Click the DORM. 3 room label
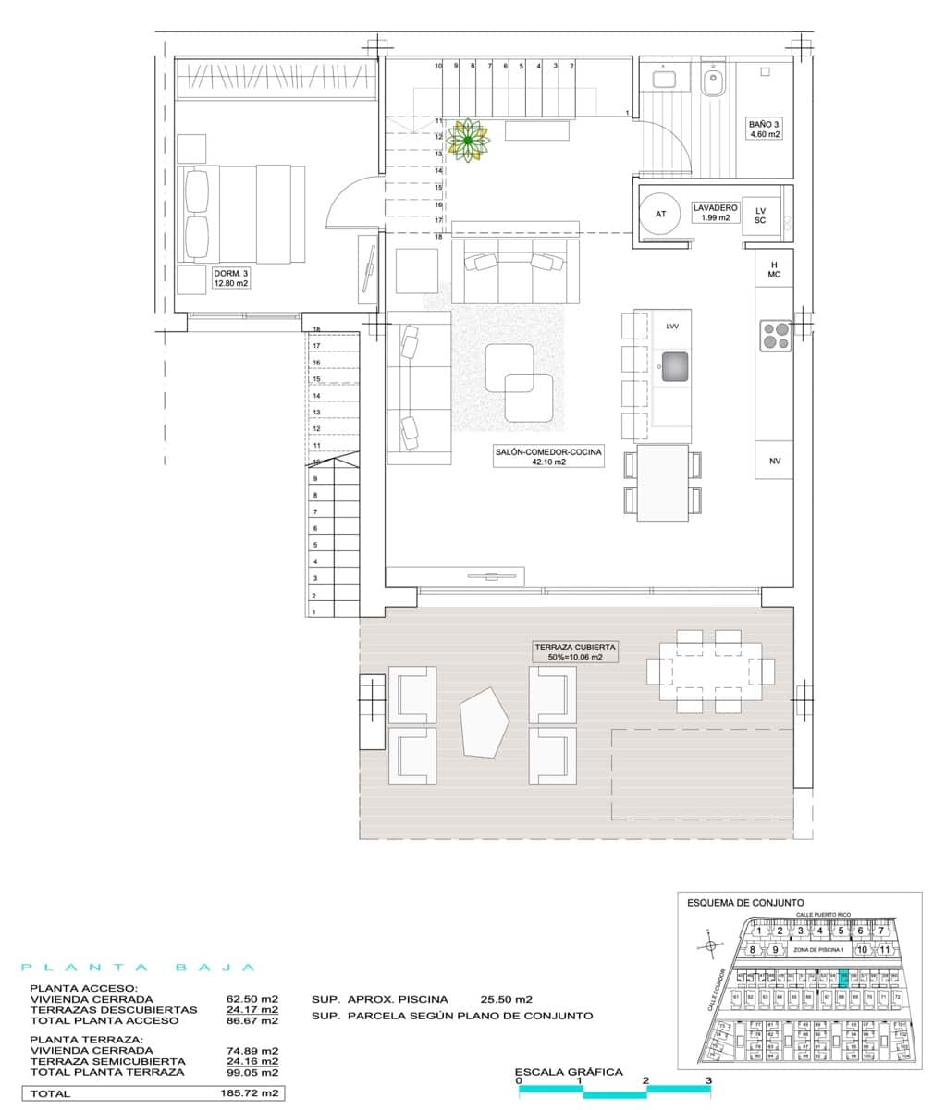click(x=231, y=278)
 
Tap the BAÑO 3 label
click(x=764, y=129)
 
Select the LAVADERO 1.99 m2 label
click(x=715, y=213)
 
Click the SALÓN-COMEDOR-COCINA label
click(x=547, y=456)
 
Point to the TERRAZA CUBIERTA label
click(x=573, y=652)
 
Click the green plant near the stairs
click(x=469, y=140)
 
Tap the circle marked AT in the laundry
click(x=660, y=214)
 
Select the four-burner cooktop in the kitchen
click(x=775, y=336)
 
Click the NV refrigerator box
click(x=774, y=461)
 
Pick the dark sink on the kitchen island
click(x=675, y=367)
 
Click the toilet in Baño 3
click(x=712, y=82)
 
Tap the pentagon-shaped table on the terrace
click(x=485, y=721)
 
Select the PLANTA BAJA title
click(x=139, y=968)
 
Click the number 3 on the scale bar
click(x=708, y=1079)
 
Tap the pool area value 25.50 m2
click(x=507, y=999)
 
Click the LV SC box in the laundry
click(x=760, y=216)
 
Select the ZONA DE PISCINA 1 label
click(x=819, y=949)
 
